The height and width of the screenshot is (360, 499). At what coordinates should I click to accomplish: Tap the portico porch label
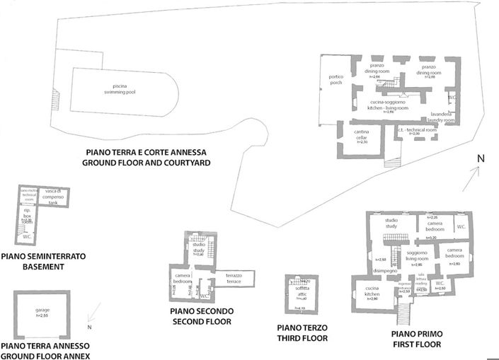point(335,79)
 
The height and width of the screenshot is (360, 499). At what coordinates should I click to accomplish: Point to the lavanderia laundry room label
point(438,117)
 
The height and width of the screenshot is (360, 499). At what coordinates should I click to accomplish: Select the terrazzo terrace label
point(234,279)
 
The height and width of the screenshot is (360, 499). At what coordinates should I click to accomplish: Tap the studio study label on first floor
point(391,223)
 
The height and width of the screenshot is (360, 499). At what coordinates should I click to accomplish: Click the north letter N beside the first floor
point(480,158)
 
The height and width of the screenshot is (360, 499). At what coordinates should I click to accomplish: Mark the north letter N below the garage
point(90,327)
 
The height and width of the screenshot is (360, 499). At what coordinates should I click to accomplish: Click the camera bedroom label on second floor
point(183,278)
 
